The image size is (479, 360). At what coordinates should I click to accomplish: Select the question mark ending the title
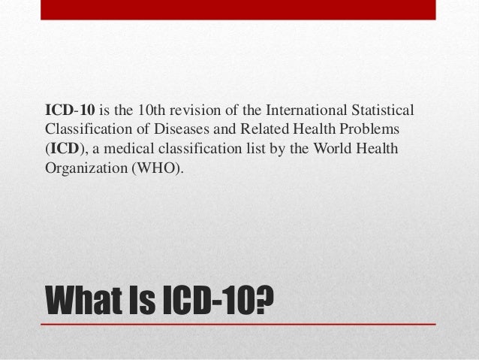tap(264, 300)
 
